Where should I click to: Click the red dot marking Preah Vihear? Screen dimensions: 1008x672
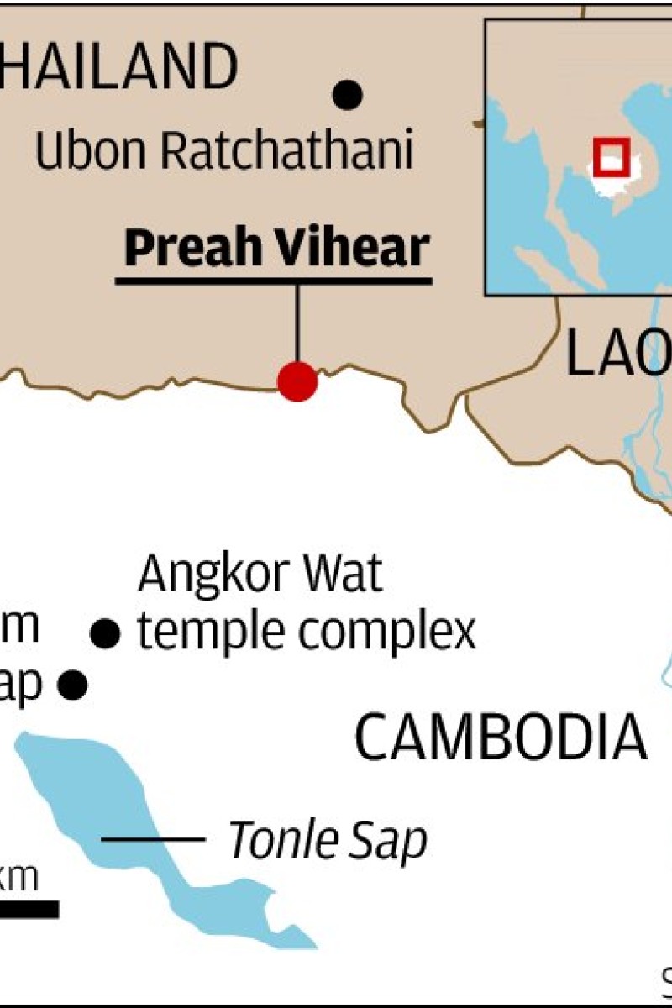click(297, 381)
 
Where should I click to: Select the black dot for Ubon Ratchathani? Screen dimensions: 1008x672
click(348, 94)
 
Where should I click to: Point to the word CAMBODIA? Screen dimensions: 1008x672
click(501, 739)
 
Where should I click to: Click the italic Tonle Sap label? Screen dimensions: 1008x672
click(328, 839)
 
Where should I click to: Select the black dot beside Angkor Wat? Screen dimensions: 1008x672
click(105, 634)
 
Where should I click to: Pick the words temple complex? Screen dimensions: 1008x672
click(307, 632)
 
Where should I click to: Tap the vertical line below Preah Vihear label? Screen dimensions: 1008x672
click(297, 323)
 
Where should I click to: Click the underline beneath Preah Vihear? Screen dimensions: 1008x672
click(274, 280)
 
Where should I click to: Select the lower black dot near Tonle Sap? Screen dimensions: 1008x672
click(73, 684)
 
